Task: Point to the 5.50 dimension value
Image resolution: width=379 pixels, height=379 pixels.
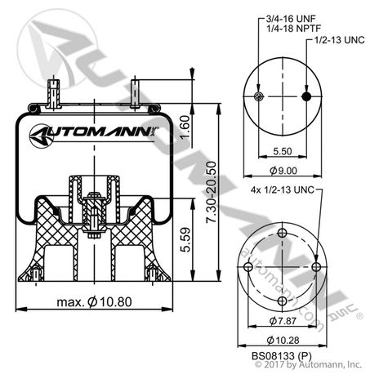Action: (282, 152)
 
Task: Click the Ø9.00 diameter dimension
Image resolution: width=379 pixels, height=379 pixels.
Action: (282, 171)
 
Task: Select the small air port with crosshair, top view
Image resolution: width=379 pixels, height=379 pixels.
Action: (259, 97)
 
